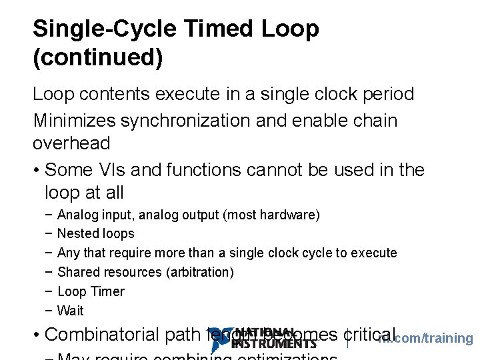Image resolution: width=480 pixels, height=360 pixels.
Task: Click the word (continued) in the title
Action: (97, 58)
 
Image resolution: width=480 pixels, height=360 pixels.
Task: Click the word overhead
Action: (71, 143)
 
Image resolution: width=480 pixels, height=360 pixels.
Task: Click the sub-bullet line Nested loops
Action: (95, 234)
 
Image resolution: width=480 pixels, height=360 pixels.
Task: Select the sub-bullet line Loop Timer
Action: (91, 291)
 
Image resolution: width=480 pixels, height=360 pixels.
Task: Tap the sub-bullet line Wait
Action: (71, 311)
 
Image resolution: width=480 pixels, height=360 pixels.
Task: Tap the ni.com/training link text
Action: (427, 339)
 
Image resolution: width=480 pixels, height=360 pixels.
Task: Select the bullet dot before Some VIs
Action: (36, 171)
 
